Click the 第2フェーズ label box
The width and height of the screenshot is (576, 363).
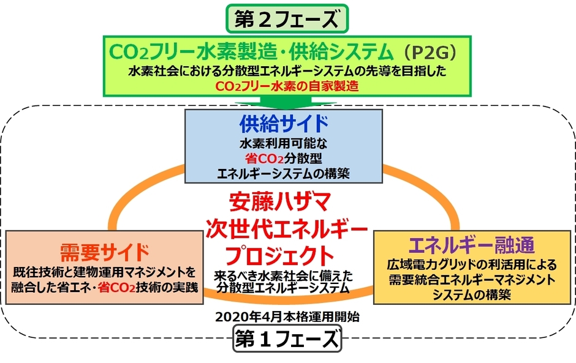point(288,18)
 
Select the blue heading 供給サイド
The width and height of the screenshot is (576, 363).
point(284,124)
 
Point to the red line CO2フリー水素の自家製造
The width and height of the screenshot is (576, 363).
point(287,87)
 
